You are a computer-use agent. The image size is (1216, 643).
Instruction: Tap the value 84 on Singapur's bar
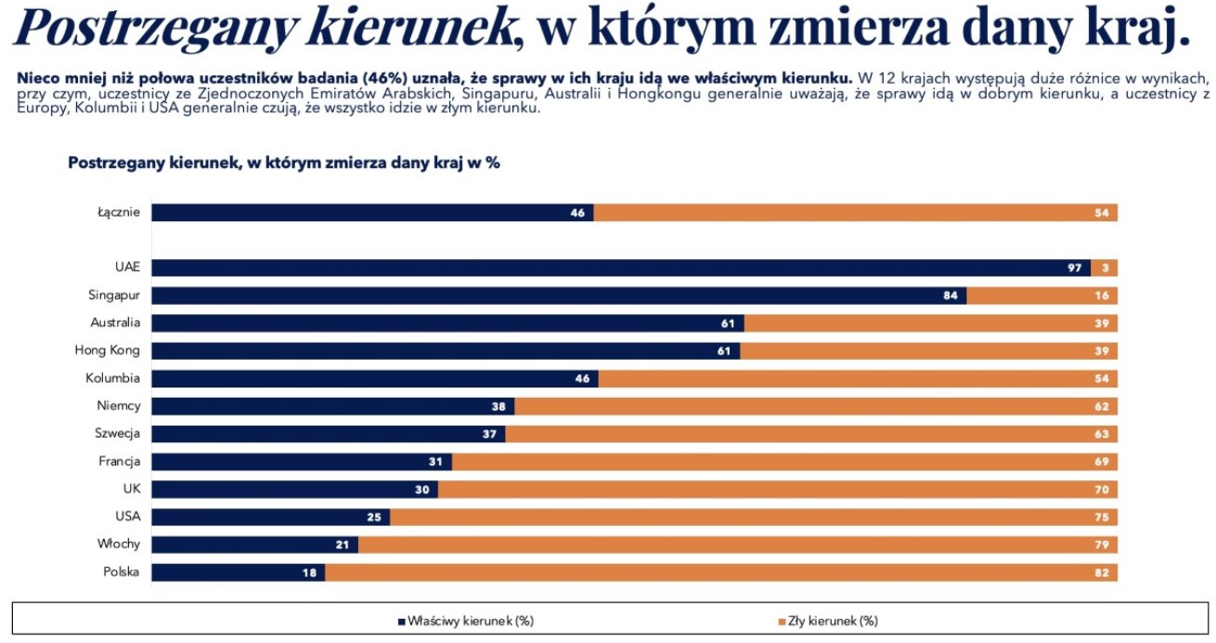[x=951, y=295]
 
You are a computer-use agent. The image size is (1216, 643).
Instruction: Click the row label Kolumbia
[x=112, y=378]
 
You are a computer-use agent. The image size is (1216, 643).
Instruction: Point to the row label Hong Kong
[x=107, y=350]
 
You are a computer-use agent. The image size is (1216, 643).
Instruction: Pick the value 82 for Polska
[x=1101, y=572]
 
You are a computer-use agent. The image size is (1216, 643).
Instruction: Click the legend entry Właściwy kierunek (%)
[x=471, y=621]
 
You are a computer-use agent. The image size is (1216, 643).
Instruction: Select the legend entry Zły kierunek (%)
[x=833, y=621]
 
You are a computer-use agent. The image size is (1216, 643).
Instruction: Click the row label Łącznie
[x=119, y=212]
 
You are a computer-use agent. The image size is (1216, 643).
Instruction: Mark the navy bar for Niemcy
[x=332, y=406]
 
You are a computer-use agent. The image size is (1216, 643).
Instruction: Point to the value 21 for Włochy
[x=342, y=545]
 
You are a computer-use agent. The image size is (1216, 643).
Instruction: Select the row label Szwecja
[x=117, y=433]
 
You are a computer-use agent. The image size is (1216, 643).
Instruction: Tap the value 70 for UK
[x=1101, y=489]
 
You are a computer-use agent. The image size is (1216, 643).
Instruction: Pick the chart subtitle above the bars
[x=284, y=163]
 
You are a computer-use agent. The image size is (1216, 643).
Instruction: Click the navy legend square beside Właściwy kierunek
[x=402, y=621]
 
